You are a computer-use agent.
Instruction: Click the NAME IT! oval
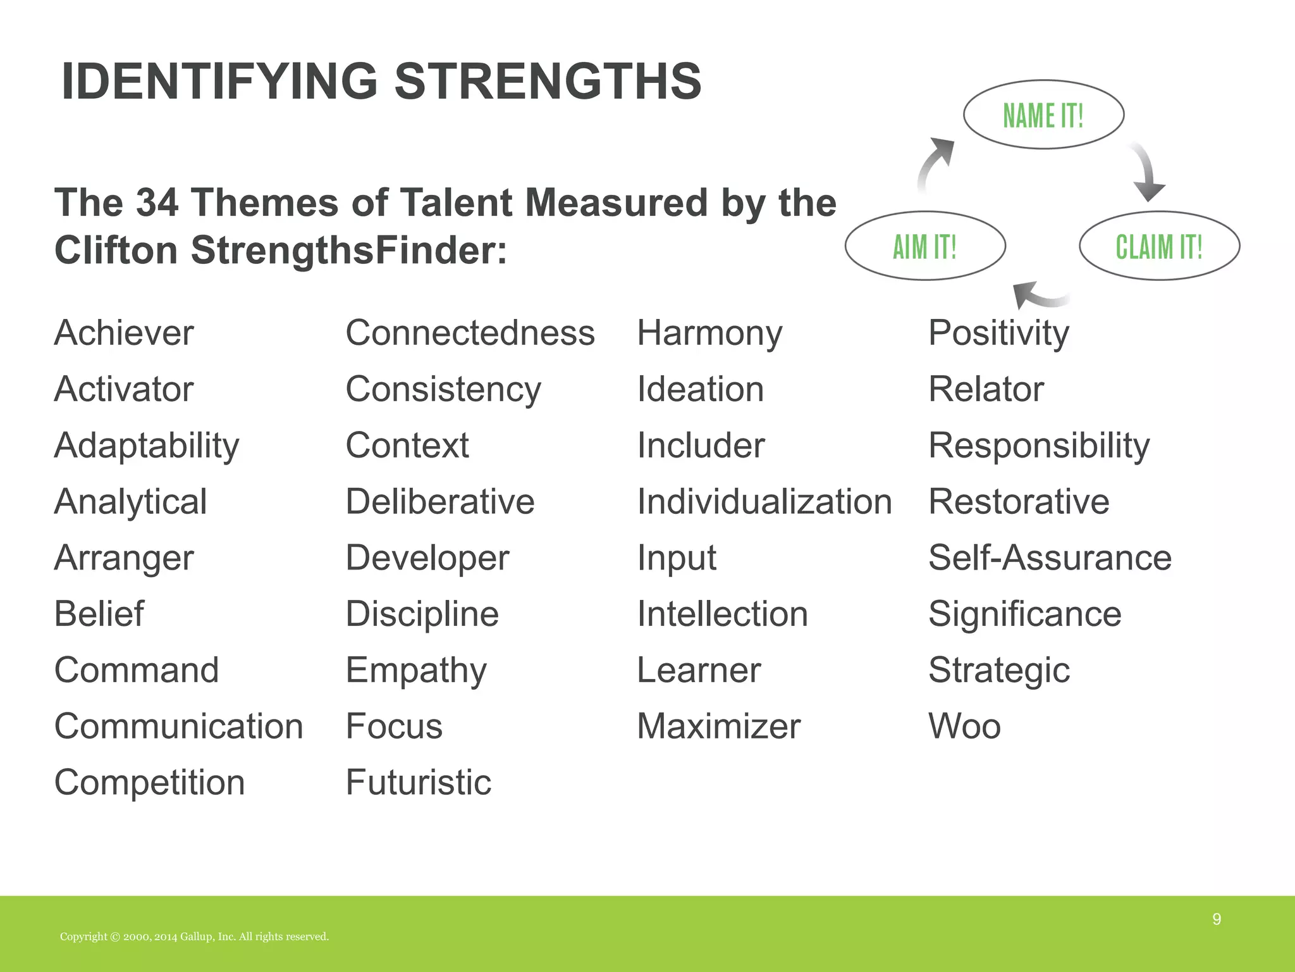(1043, 115)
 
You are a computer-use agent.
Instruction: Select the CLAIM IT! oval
(1159, 246)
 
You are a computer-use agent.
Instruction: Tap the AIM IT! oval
(924, 246)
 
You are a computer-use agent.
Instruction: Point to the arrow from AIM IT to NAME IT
(934, 165)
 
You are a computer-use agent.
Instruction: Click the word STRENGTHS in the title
(548, 82)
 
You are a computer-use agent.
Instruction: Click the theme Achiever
(124, 333)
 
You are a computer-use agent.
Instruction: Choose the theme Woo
(964, 726)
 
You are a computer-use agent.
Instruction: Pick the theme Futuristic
(418, 783)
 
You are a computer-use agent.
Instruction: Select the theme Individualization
(764, 502)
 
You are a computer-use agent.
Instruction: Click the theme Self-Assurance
(1050, 558)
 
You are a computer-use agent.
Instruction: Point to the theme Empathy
(416, 671)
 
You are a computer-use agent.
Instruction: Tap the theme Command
(137, 670)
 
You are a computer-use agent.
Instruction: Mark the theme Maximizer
(718, 726)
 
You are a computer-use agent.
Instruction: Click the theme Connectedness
(470, 333)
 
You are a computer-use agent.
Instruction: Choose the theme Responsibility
(1039, 445)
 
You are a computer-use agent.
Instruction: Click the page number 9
(1217, 919)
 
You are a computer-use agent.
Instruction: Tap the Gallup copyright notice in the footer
(194, 937)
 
